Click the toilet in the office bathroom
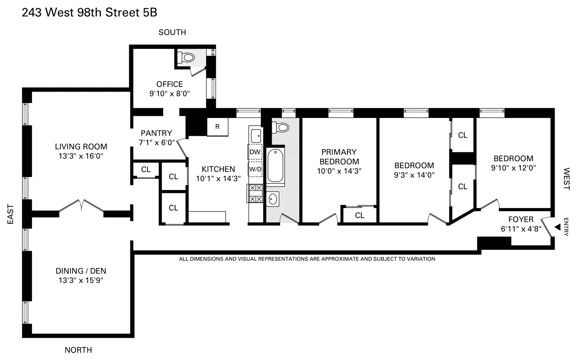tap(187, 58)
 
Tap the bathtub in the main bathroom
tap(275, 166)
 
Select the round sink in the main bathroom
tap(273, 199)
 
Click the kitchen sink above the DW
tap(256, 136)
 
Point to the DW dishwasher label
tap(255, 152)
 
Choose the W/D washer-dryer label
tap(255, 169)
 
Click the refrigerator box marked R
tap(217, 127)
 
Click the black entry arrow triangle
tap(557, 227)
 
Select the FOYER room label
tap(521, 219)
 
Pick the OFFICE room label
tap(170, 84)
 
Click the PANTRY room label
tap(156, 133)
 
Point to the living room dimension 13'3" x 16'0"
tap(81, 156)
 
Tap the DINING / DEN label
tap(81, 271)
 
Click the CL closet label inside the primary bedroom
tap(360, 215)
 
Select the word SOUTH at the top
tap(172, 32)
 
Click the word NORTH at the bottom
tap(78, 350)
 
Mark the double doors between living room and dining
tap(82, 205)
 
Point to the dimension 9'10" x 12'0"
tap(513, 168)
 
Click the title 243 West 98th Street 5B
tap(89, 12)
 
